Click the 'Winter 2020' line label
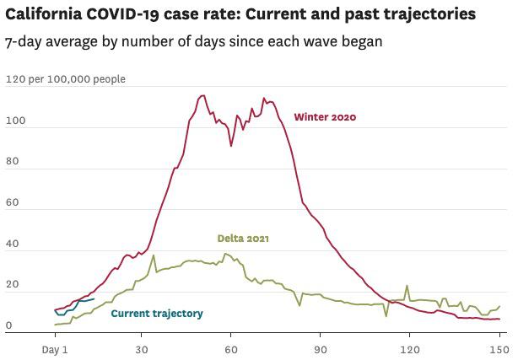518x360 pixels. coord(325,117)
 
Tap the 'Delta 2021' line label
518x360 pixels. coord(244,239)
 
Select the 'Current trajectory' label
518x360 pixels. coord(157,314)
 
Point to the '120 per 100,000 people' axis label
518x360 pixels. coord(65,79)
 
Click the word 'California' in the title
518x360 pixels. coord(39,14)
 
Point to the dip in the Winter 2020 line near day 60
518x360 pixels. coord(231,146)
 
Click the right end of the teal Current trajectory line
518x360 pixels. coord(94,298)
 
